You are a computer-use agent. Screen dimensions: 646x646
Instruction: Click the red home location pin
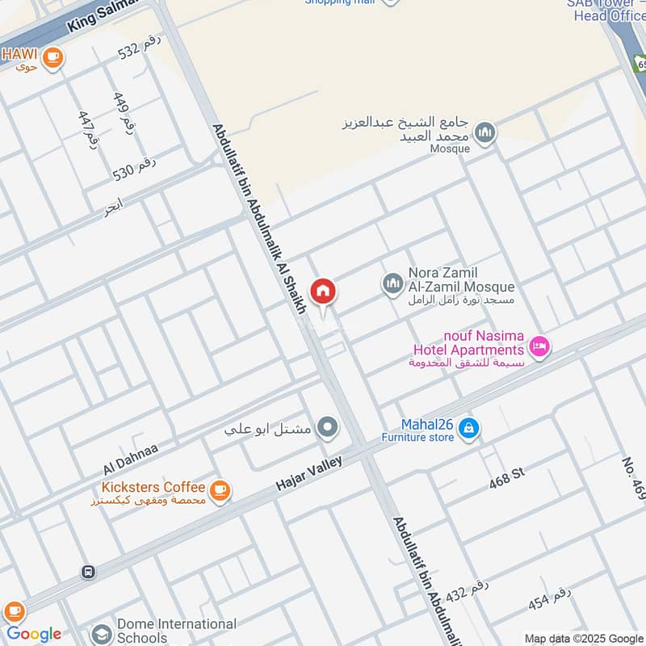[x=323, y=292]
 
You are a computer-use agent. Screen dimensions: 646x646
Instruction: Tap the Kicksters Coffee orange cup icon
[x=219, y=489]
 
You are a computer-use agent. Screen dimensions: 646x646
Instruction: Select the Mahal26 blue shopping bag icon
[x=468, y=430]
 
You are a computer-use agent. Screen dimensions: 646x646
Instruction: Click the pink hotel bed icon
[x=539, y=347]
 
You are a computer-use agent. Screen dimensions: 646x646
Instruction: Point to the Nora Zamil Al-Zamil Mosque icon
[x=392, y=283]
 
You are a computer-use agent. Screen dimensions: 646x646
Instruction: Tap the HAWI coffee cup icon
[x=53, y=57]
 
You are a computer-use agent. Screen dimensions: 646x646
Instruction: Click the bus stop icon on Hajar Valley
[x=88, y=572]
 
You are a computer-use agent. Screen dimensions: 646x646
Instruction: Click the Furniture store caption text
[x=418, y=438]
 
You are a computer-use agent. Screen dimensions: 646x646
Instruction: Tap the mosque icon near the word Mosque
[x=484, y=132]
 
